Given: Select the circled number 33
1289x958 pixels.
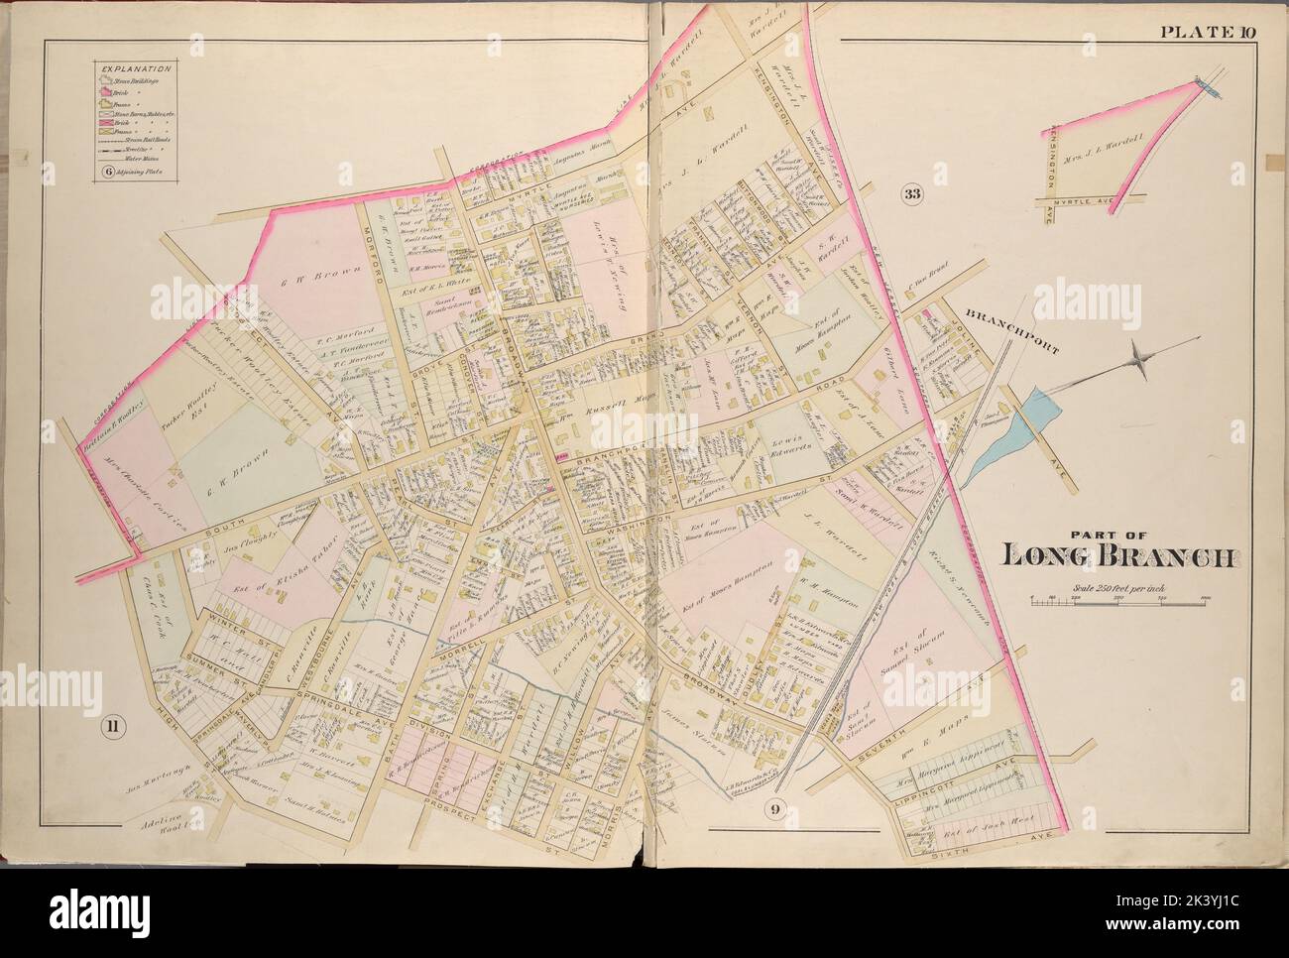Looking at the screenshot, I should coord(911,194).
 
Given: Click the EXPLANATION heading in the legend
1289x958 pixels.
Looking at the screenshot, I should coord(133,68).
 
